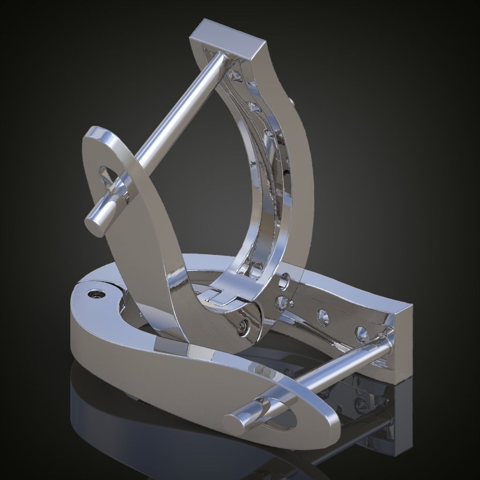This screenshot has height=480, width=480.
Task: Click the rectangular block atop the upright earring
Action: pos(229,39)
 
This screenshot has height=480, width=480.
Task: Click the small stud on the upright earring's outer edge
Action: pos(292,100)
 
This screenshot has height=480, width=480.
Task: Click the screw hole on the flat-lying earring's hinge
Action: pos(96,294)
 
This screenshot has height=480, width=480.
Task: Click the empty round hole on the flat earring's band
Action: pos(284,283)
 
